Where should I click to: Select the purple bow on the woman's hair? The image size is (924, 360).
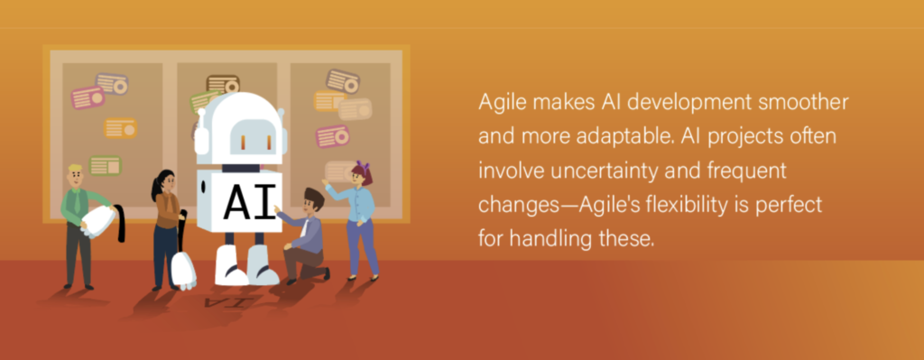[x=362, y=166]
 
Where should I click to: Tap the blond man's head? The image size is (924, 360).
[x=76, y=176]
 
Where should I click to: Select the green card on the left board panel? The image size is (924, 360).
[x=105, y=166]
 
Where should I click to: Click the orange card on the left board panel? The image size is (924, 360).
[x=120, y=128]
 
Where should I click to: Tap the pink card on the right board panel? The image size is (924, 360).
[x=332, y=136]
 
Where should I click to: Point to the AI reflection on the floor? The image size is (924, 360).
[x=230, y=302]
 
